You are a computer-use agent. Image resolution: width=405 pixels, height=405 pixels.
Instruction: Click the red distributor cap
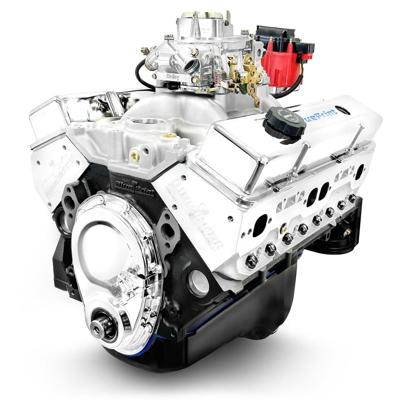click(279, 61)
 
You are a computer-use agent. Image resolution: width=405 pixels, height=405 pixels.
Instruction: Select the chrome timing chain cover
click(117, 259)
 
